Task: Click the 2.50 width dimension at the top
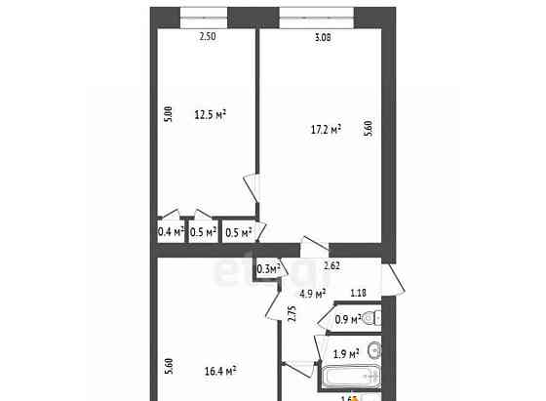[206, 37]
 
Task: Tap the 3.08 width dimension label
[323, 38]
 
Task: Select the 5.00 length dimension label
[169, 114]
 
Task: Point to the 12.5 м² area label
[210, 114]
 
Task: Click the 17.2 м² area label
[324, 128]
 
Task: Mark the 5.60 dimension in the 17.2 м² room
[367, 128]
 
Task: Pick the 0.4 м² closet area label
[171, 232]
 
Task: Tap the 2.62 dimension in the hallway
[331, 264]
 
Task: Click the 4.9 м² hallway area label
[311, 293]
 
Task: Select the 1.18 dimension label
[358, 292]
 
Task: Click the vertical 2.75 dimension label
[292, 314]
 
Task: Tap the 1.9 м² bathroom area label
[346, 353]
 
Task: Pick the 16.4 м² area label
[221, 371]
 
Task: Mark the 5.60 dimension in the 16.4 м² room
[169, 366]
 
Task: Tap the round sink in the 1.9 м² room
[374, 351]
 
